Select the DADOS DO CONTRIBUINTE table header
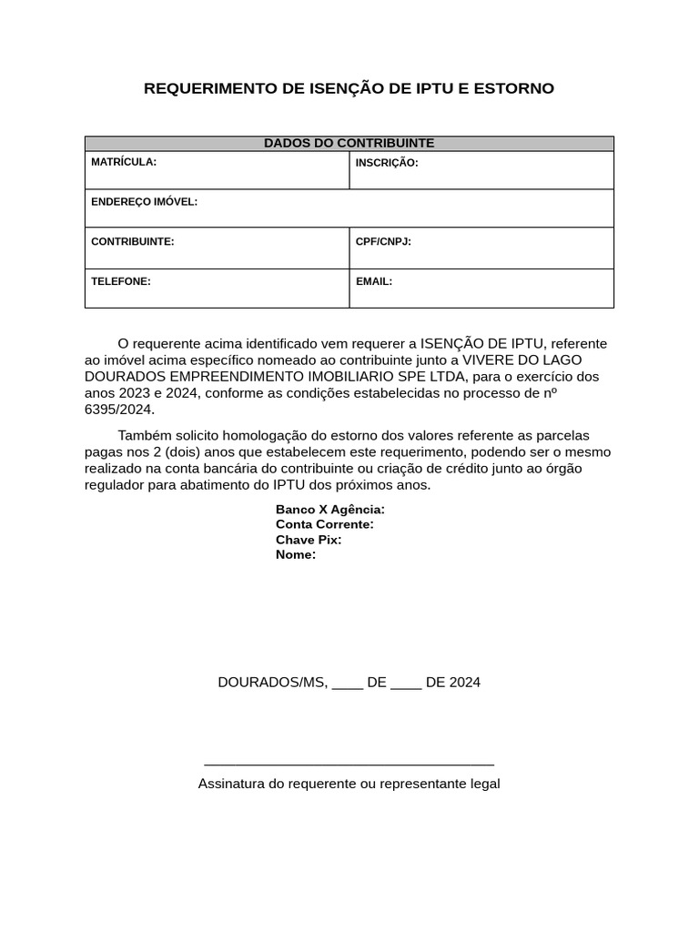click(x=349, y=143)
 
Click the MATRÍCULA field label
click(x=124, y=162)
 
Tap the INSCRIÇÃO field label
click(x=387, y=163)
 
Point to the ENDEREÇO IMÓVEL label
click(x=144, y=201)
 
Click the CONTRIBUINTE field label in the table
click(x=132, y=241)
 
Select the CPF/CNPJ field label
click(x=383, y=241)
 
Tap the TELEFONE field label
click(x=121, y=281)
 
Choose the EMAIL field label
click(x=374, y=281)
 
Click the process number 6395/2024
click(x=119, y=410)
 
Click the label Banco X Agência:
click(x=329, y=510)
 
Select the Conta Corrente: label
click(x=325, y=524)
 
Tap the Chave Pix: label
click(x=309, y=540)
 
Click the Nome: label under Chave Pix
click(x=296, y=554)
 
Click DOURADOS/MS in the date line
click(x=272, y=683)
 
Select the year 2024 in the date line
click(x=464, y=683)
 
